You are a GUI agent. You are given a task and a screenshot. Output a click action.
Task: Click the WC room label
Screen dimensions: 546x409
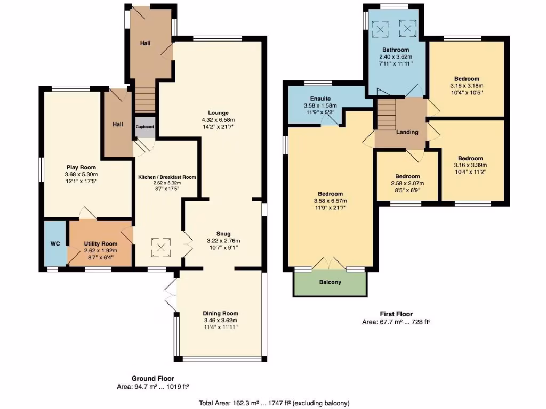pyautogui.click(x=55, y=243)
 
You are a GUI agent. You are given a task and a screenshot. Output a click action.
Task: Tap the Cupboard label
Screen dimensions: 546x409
pyautogui.click(x=144, y=127)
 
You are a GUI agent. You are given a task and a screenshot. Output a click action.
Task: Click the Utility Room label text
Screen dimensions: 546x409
pyautogui.click(x=101, y=243)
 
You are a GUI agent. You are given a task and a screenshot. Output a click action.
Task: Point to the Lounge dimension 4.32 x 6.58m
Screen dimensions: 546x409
pyautogui.click(x=218, y=120)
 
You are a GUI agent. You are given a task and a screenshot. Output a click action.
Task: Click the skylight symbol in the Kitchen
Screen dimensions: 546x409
pyautogui.click(x=161, y=248)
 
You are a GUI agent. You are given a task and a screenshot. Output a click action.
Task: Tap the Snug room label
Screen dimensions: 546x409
pyautogui.click(x=223, y=234)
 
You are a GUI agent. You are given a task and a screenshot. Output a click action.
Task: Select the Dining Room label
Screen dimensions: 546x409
pyautogui.click(x=220, y=313)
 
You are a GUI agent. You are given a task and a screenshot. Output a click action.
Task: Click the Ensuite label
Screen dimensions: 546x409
pyautogui.click(x=320, y=99)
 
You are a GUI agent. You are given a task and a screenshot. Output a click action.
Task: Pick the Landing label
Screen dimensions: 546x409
pyautogui.click(x=407, y=132)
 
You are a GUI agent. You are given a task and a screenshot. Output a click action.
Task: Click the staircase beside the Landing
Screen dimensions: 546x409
pyautogui.click(x=387, y=115)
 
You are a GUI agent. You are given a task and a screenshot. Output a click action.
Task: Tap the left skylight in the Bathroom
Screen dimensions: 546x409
pyautogui.click(x=380, y=29)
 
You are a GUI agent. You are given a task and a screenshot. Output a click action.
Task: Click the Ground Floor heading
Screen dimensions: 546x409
pyautogui.click(x=152, y=379)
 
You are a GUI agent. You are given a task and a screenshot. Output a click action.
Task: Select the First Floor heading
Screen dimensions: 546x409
pyautogui.click(x=396, y=314)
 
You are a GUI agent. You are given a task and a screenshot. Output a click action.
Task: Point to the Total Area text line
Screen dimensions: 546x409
pyautogui.click(x=274, y=403)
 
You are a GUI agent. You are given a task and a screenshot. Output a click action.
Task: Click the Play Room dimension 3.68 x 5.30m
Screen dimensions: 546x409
pyautogui.click(x=81, y=174)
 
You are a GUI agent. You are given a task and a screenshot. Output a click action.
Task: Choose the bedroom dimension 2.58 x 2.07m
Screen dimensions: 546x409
pyautogui.click(x=407, y=183)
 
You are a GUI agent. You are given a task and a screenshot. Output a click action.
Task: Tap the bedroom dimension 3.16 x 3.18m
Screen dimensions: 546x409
pyautogui.click(x=467, y=86)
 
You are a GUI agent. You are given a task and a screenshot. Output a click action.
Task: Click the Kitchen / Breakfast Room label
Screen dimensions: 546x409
pyautogui.click(x=167, y=177)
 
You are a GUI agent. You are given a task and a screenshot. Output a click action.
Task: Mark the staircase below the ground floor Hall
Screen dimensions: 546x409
pyautogui.click(x=144, y=100)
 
